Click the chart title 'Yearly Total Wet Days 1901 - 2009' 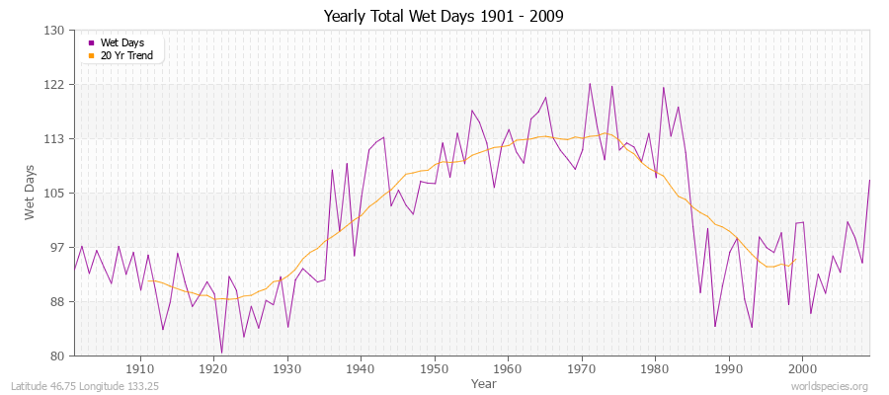444,17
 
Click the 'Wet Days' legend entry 122,42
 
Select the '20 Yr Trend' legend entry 127,54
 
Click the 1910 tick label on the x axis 140,367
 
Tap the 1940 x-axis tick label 361,367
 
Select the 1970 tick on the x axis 582,367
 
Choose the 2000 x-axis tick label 802,367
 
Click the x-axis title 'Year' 484,382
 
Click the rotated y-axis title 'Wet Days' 31,194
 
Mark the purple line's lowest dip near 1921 221,353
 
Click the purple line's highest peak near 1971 590,83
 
